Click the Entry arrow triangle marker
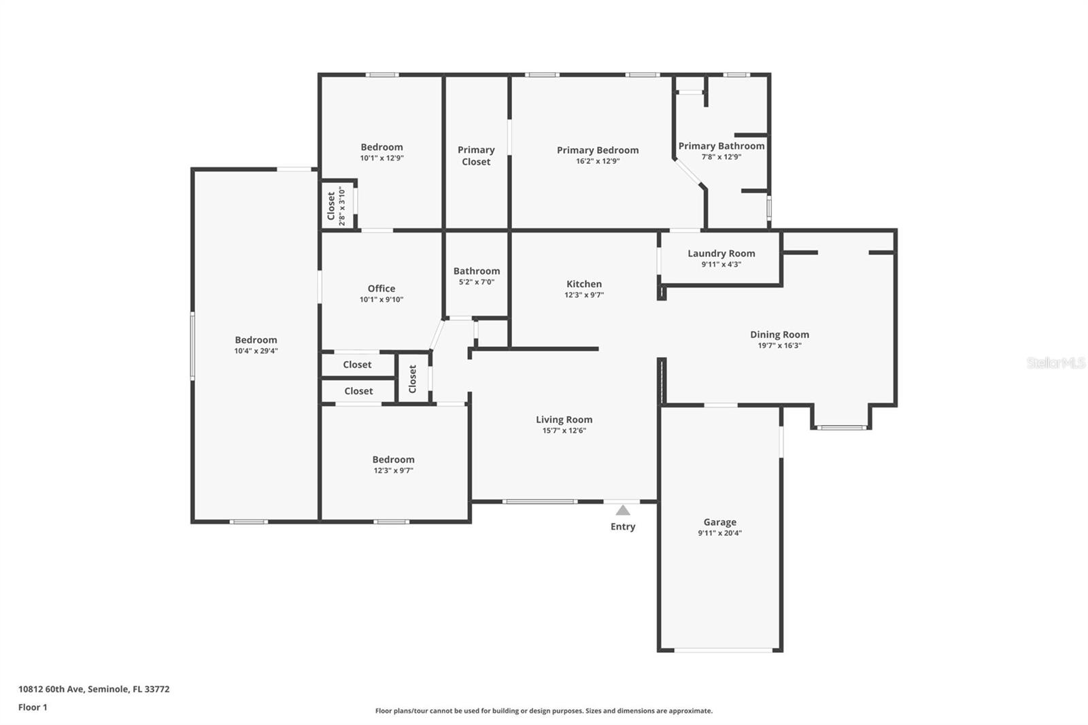[x=623, y=510]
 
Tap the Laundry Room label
[x=721, y=253]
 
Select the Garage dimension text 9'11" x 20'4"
[x=719, y=533]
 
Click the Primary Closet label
[x=476, y=156]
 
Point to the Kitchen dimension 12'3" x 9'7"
[x=583, y=295]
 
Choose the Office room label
[x=381, y=288]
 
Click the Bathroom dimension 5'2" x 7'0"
[x=476, y=282]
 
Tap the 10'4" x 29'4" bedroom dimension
[x=256, y=351]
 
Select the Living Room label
[x=564, y=420]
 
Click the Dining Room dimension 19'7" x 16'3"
[x=779, y=345]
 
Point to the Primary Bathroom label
[x=721, y=146]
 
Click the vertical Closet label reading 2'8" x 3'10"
[x=336, y=206]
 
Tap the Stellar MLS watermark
[x=1055, y=363]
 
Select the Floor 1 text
[x=33, y=707]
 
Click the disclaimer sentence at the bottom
[x=544, y=711]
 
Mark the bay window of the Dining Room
[x=841, y=426]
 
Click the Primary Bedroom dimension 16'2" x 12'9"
[x=597, y=161]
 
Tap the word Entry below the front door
[x=623, y=526]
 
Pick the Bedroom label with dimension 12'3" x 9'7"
[x=393, y=459]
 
